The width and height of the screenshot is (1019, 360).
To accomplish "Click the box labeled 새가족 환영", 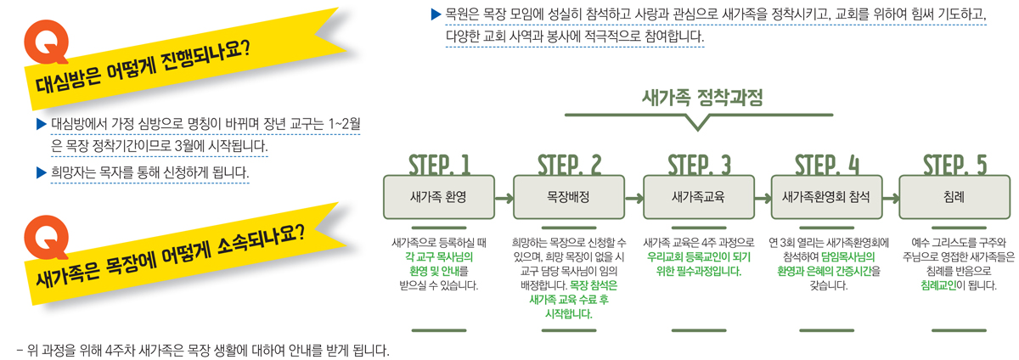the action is [438, 197].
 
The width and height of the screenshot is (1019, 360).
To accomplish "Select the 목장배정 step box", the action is [569, 197].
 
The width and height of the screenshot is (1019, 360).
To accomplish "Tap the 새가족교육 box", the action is [698, 197].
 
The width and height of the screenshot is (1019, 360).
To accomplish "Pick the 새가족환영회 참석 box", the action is [826, 197].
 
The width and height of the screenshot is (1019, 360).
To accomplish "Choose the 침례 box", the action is [954, 197].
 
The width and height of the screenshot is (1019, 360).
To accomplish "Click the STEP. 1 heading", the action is [439, 165].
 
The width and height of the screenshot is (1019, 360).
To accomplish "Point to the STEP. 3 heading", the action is [699, 165].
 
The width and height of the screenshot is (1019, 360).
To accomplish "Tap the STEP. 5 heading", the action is [954, 165].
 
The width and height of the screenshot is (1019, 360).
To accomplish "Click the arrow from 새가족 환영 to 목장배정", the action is [504, 199].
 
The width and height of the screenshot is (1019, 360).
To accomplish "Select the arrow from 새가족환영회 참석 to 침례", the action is [891, 199].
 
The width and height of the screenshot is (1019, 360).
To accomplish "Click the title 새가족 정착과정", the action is [702, 98].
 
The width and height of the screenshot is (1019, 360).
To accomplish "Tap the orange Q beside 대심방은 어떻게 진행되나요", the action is [47, 42].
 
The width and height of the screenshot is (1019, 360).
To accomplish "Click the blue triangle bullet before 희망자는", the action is [42, 172].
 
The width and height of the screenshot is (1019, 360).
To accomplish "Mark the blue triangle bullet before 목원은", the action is [436, 14].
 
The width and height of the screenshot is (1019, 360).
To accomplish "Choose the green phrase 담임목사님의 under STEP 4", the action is [848, 257].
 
